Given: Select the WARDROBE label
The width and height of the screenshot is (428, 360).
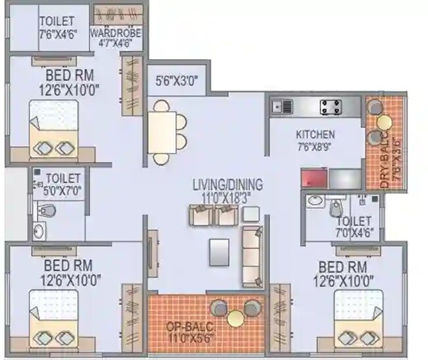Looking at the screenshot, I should [115, 32].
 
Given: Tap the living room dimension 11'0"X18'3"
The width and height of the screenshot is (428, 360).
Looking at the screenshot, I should [228, 195].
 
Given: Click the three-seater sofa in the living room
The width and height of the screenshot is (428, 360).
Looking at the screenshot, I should [252, 256].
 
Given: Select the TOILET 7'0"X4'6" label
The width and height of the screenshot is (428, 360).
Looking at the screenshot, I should [353, 225].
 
